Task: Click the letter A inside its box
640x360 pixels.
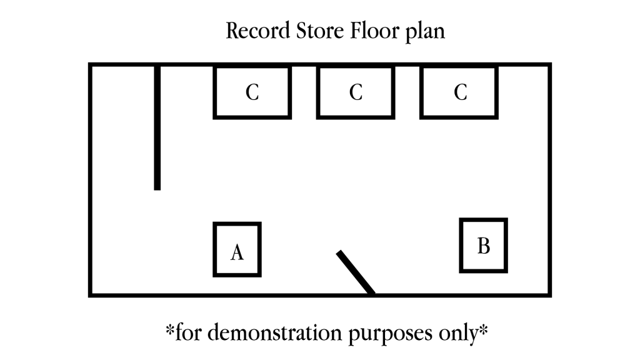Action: click(x=237, y=252)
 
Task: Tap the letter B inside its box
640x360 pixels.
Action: click(x=483, y=246)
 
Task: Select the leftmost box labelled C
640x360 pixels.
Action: click(x=252, y=92)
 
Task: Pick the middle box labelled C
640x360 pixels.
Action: click(x=356, y=92)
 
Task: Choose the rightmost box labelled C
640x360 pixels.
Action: click(x=459, y=92)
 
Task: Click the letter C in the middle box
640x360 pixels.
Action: click(x=356, y=92)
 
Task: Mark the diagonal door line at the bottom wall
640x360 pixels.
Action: click(x=356, y=272)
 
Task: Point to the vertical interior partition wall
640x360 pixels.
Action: click(x=157, y=125)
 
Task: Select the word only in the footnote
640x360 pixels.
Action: click(x=455, y=332)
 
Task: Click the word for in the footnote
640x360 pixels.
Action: click(x=186, y=331)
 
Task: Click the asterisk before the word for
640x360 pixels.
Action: click(x=169, y=327)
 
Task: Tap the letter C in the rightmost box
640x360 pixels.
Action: click(x=460, y=92)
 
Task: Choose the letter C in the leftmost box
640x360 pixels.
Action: click(x=252, y=92)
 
